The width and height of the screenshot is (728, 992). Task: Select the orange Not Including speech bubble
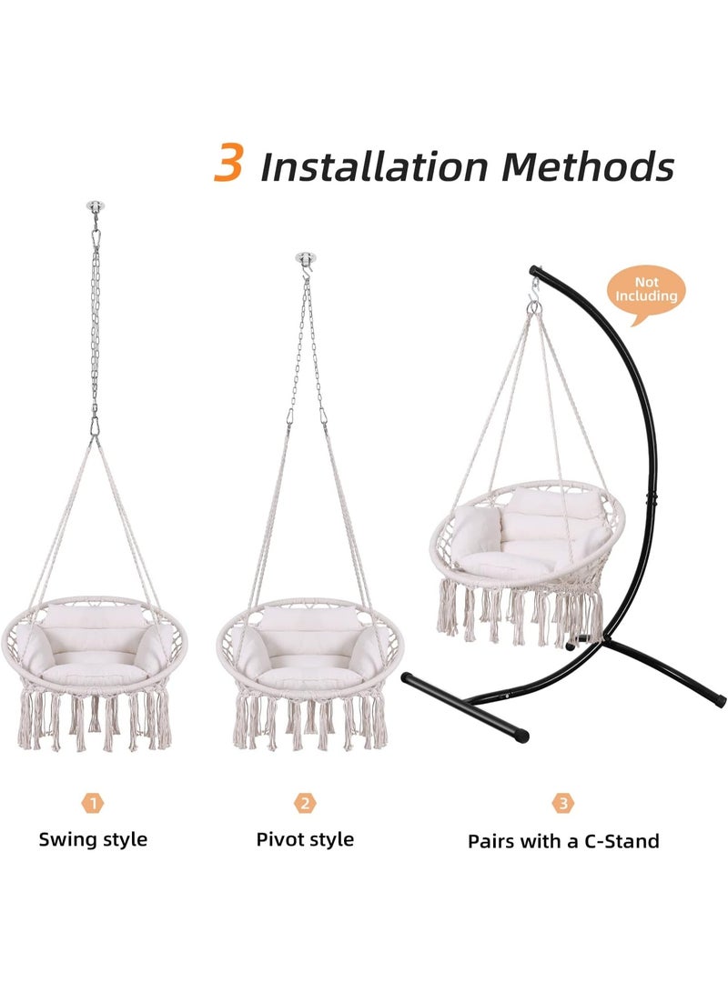click(x=646, y=290)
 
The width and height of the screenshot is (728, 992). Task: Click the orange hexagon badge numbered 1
click(x=93, y=803)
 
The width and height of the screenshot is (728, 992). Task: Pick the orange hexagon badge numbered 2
click(x=305, y=803)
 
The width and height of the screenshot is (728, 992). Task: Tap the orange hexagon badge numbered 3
click(x=563, y=803)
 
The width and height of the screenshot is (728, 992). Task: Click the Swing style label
click(x=93, y=839)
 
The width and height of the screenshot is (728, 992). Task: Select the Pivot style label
click(x=305, y=839)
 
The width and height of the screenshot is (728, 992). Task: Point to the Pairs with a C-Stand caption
click(x=563, y=841)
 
